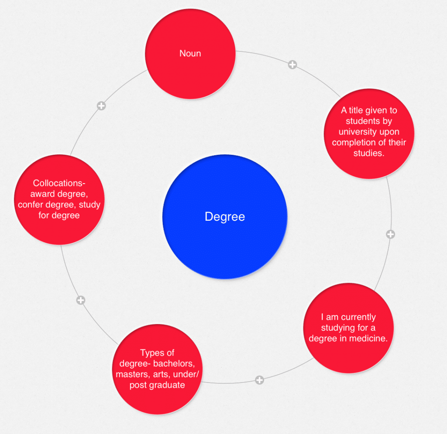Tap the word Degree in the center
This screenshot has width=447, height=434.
[225, 217]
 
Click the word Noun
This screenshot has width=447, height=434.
[190, 54]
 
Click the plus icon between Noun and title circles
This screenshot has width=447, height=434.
[292, 65]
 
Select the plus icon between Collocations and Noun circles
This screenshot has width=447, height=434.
[101, 106]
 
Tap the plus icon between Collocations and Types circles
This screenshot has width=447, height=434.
[80, 300]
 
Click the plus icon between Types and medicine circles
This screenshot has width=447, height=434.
[259, 380]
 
